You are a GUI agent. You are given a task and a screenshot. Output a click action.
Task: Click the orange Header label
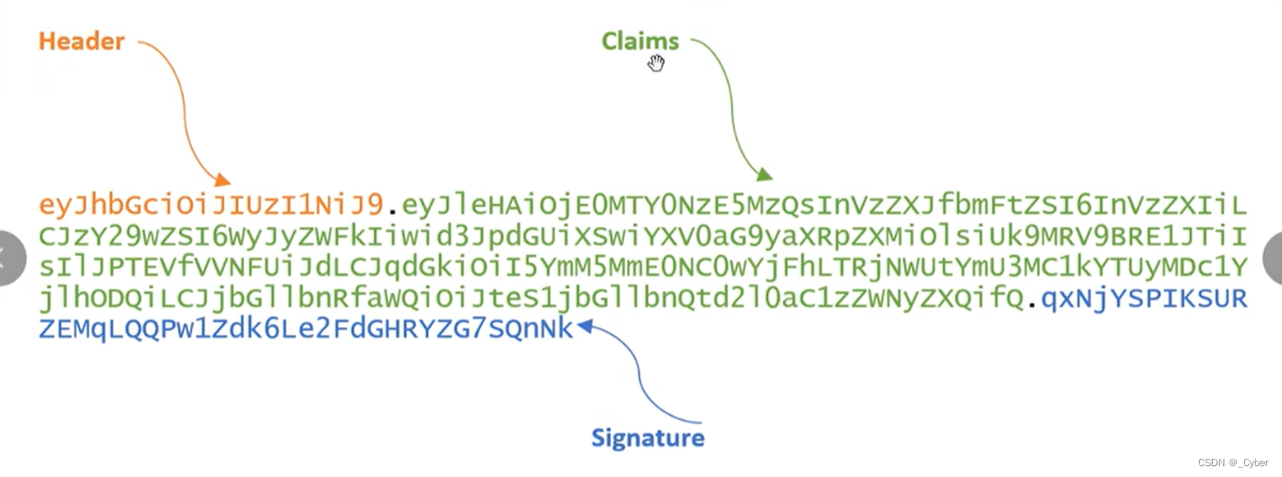81,41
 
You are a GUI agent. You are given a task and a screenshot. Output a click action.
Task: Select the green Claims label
640,40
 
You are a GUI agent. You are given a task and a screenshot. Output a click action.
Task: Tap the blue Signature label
647,438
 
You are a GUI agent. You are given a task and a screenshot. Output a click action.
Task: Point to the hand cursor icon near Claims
656,63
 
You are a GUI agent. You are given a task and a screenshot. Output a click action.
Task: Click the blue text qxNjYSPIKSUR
1144,299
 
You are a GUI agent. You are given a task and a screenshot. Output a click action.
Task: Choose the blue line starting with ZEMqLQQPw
305,329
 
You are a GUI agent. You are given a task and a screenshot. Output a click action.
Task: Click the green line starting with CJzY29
641,237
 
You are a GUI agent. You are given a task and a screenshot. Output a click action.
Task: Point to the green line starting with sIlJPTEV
641,267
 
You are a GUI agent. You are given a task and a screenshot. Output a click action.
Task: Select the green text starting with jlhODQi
532,299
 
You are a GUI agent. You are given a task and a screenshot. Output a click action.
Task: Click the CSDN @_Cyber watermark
1232,462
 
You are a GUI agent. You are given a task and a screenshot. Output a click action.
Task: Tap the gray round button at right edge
1272,258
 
